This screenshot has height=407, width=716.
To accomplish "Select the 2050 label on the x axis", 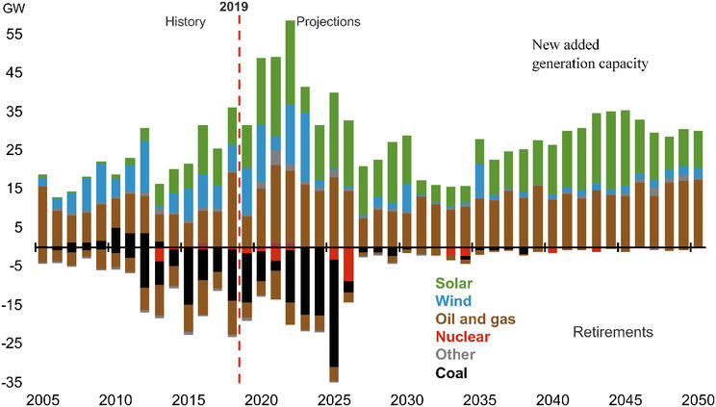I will pos(696,398).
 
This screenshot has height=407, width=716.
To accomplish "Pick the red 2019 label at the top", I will pos(235,7).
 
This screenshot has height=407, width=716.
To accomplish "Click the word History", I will pos(186,20).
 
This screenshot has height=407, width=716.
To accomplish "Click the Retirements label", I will pos(613,332).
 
